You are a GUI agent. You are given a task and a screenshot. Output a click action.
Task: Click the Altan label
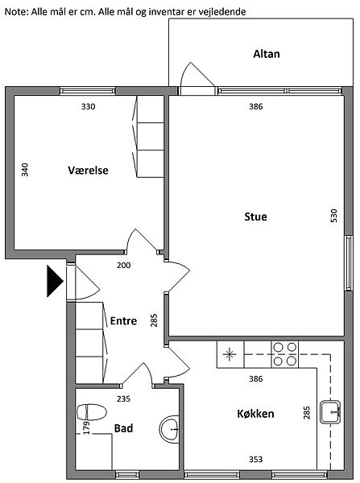pos(267,54)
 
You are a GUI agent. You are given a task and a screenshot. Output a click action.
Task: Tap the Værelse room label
pos(88,170)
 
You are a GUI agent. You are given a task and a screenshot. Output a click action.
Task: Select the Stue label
pos(255,217)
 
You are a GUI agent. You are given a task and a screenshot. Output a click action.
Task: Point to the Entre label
pos(123,320)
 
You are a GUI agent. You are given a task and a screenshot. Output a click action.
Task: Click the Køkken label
pos(255,414)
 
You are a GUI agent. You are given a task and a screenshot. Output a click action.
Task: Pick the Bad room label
pos(123,428)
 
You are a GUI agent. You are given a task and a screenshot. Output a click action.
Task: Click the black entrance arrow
pos(55,281)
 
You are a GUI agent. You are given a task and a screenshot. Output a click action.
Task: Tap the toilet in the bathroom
pos(92,412)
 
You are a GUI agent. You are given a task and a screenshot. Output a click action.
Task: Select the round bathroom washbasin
pos(169,429)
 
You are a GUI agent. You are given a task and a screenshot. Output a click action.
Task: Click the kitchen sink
pos(330,412)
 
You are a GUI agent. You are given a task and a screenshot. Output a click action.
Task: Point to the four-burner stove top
pos(285,354)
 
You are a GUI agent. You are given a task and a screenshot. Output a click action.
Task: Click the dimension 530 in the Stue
pos(333,216)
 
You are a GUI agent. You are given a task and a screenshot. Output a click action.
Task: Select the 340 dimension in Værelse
pos(25,170)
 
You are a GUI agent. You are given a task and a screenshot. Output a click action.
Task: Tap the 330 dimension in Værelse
pos(88,106)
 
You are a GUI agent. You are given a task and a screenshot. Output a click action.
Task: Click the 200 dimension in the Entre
pos(123,265)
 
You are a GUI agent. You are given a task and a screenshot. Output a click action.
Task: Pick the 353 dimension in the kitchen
pos(256,460)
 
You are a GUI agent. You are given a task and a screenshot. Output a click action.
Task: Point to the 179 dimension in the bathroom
pos(87,427)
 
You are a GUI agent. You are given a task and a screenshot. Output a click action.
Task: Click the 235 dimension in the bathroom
pos(123,399)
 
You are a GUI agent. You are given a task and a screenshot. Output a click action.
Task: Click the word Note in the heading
pos(16,12)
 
